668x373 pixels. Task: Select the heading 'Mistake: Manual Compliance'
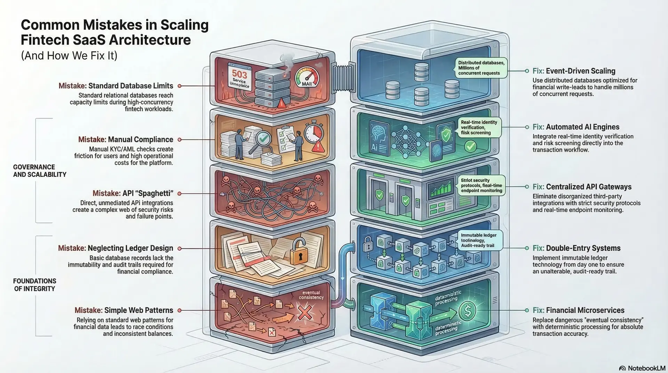126,140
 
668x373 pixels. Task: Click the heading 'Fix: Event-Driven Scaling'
574,71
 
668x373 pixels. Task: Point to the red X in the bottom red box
305,312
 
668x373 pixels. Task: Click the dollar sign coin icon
467,311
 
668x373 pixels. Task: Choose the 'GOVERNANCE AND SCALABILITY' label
40,171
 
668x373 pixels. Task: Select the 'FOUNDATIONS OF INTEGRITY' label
34,285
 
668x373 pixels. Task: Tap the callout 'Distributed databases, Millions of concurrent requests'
481,68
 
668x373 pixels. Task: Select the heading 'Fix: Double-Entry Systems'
576,248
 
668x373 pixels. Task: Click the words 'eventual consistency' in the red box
311,295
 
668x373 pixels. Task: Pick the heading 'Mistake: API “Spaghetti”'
133,193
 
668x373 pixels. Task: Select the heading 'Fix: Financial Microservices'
578,310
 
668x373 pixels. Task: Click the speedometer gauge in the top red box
307,77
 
